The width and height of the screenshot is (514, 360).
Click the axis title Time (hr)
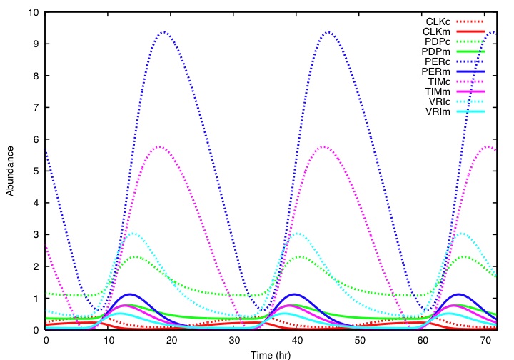(x=271, y=354)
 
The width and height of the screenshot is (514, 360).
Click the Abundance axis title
(x=11, y=171)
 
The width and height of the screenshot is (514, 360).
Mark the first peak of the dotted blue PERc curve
(x=164, y=31)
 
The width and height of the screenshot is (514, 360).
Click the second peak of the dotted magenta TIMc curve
(x=324, y=146)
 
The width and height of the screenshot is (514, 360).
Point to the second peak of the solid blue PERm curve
(x=293, y=294)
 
